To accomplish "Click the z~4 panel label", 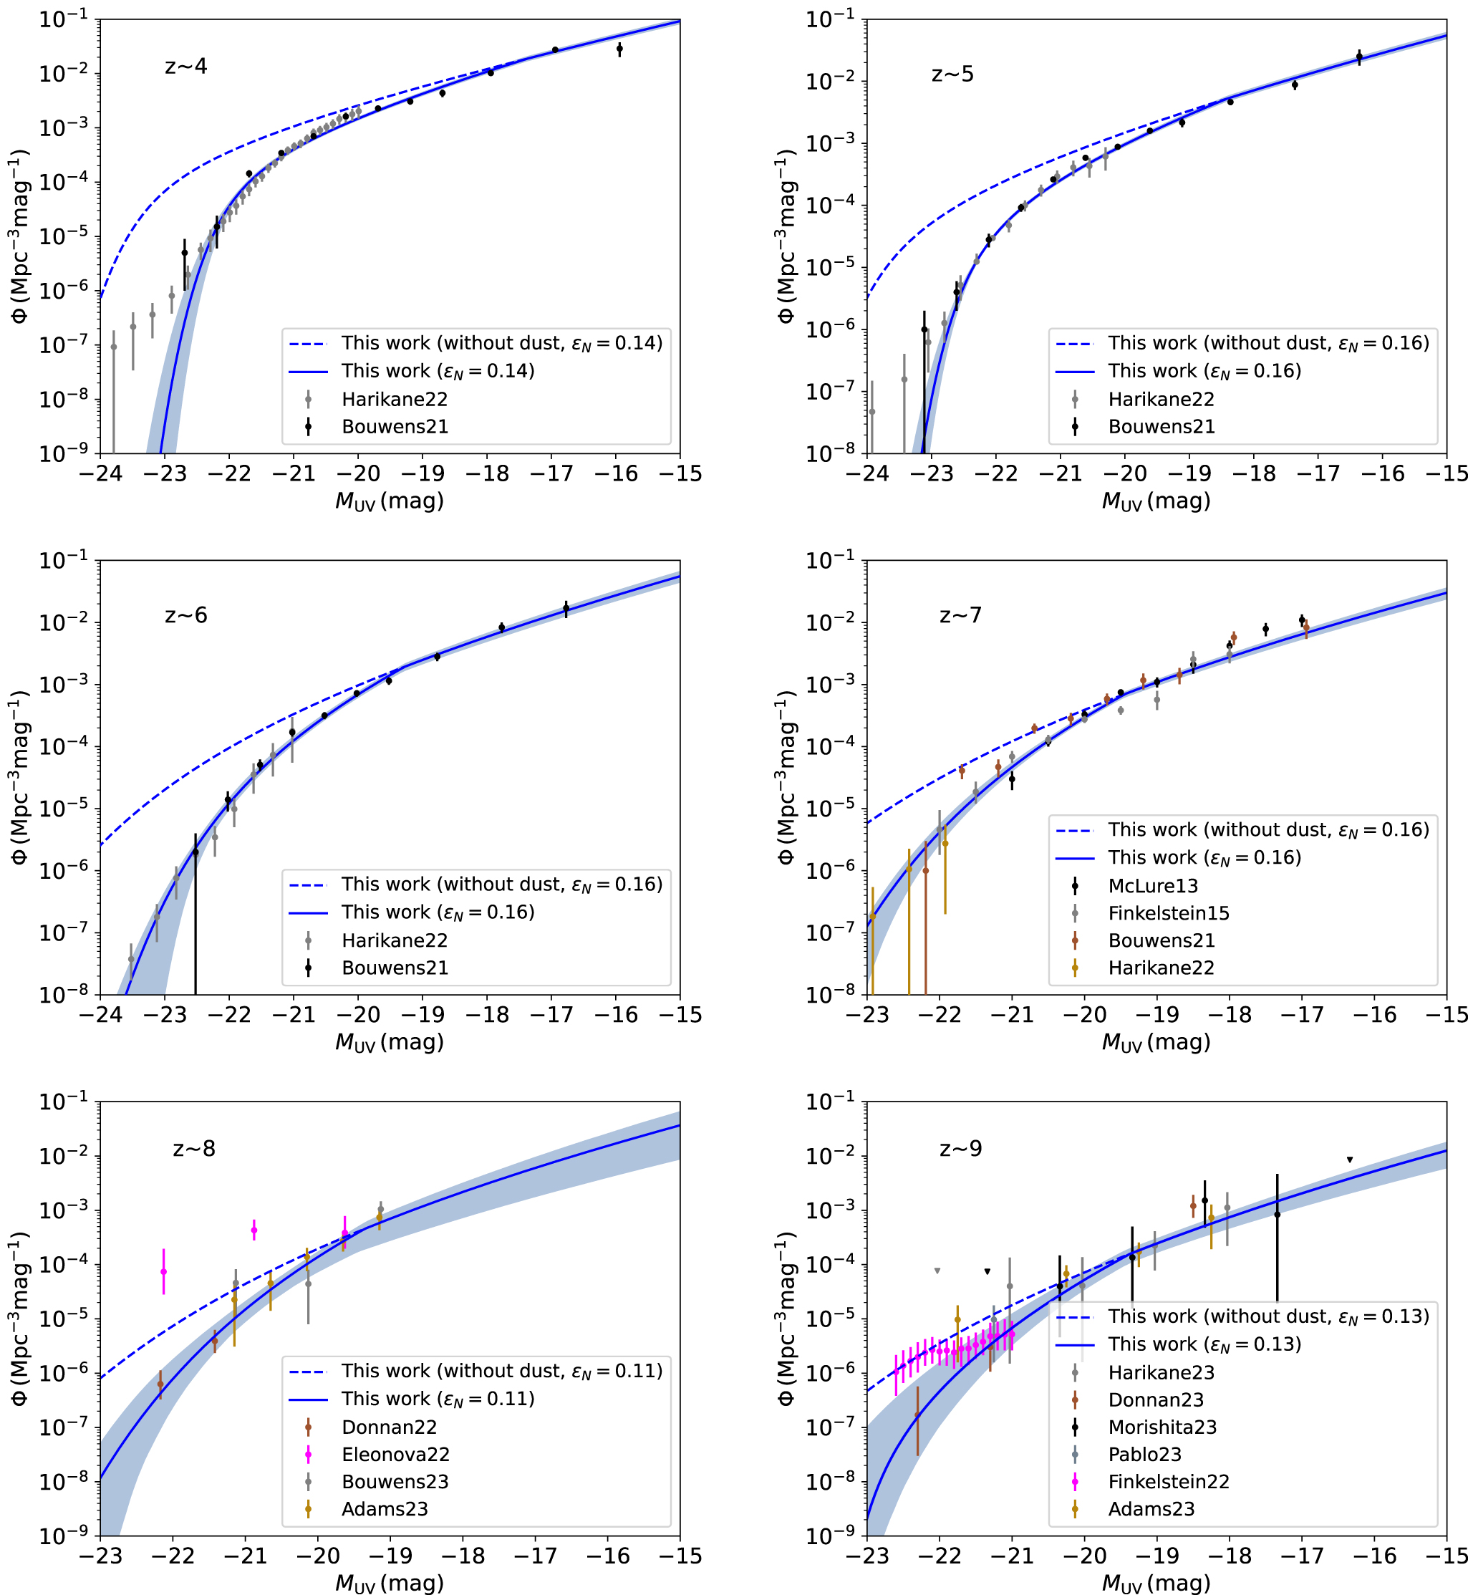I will tap(186, 66).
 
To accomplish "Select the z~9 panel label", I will tap(960, 1149).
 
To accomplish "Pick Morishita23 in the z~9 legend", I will tap(1162, 1427).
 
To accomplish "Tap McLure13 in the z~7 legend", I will tap(1153, 886).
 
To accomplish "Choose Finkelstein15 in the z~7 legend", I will tap(1169, 913).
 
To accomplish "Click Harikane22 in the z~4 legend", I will tap(394, 400).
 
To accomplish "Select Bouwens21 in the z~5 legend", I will tap(1162, 427).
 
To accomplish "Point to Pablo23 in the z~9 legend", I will tap(1145, 1455).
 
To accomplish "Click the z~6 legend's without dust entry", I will tap(501, 884).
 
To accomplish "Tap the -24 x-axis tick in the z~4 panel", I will tap(100, 474).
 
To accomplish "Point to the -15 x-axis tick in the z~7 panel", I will tap(1447, 1015).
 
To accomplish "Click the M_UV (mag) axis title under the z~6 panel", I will tap(390, 1042).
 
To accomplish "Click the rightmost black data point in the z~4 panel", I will tap(619, 49).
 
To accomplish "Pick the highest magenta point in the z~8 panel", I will tap(254, 1230).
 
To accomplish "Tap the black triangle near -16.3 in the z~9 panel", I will tap(1350, 1160).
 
